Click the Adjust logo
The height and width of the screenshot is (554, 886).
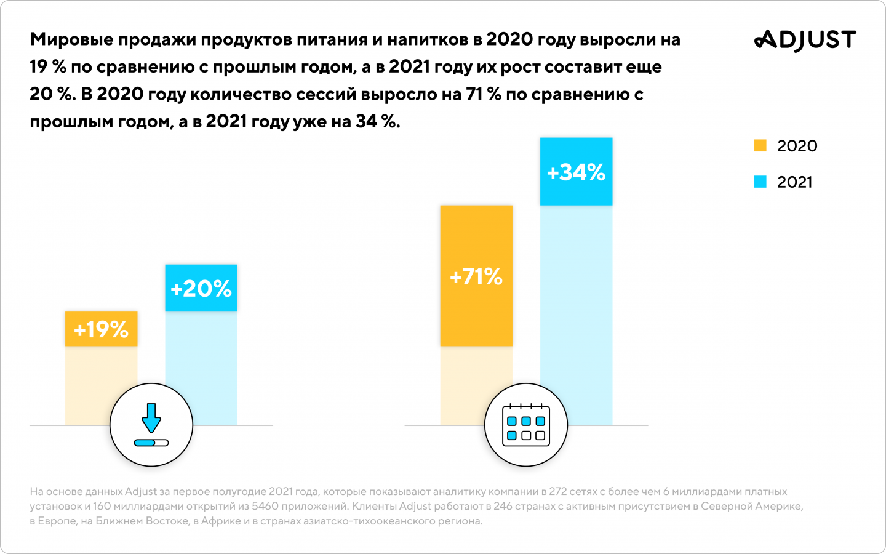click(805, 39)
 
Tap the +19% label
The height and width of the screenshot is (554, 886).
click(101, 329)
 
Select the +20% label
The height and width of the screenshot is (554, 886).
click(201, 289)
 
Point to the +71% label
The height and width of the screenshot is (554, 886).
click(476, 277)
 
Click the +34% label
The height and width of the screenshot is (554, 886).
click(576, 172)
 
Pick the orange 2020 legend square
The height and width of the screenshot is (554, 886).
click(760, 146)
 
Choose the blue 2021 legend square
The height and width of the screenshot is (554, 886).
click(760, 182)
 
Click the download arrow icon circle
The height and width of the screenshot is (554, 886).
click(151, 425)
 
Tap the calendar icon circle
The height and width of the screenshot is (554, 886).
click(526, 425)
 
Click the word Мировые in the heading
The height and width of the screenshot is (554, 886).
click(72, 40)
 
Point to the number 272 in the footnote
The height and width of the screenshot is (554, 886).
click(558, 492)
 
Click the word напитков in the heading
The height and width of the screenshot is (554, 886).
click(428, 40)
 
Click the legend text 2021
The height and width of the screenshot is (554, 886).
click(794, 182)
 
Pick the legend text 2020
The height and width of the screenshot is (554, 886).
click(797, 146)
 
